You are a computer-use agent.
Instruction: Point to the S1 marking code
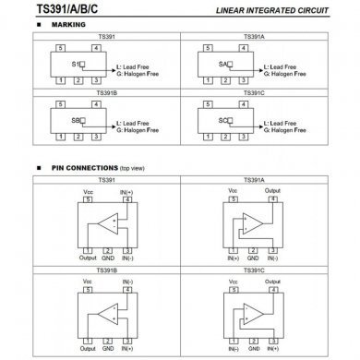77,65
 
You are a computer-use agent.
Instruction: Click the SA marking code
224,65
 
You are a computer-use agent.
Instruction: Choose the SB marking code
77,120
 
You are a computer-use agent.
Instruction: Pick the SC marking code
224,120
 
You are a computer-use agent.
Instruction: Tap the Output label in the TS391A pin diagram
273,189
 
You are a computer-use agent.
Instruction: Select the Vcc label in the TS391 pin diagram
89,189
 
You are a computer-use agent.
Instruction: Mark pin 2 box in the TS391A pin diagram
252,249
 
